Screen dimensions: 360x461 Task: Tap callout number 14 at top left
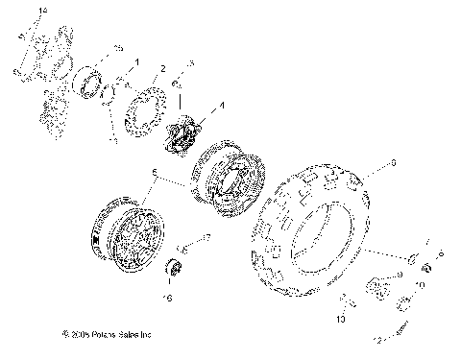pyautogui.click(x=40, y=9)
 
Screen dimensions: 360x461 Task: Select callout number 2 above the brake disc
pyautogui.click(x=163, y=68)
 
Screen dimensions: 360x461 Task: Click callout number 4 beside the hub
pyautogui.click(x=223, y=105)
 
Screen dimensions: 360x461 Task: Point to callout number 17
pyautogui.click(x=206, y=235)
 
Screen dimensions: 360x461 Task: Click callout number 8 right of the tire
pyautogui.click(x=392, y=165)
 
